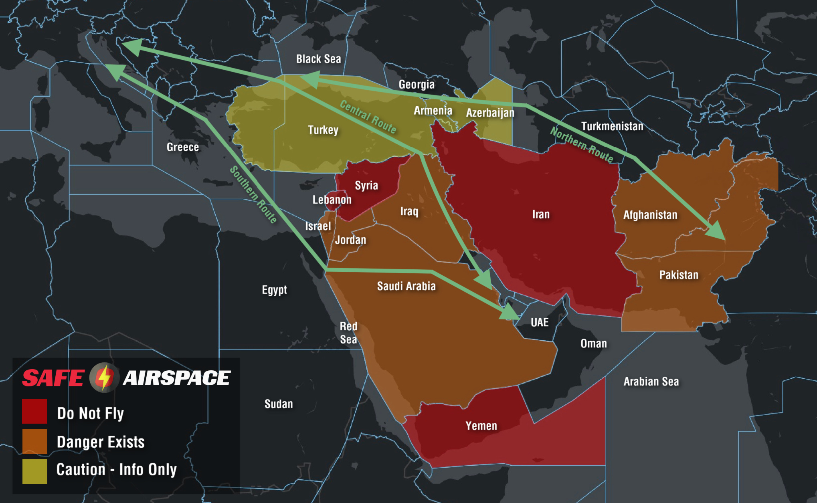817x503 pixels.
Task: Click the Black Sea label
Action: pyautogui.click(x=318, y=59)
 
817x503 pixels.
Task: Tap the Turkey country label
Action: pyautogui.click(x=323, y=130)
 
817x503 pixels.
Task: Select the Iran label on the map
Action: pyautogui.click(x=541, y=214)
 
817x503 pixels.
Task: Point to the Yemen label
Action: pyautogui.click(x=481, y=426)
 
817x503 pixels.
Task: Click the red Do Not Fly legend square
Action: pyautogui.click(x=34, y=411)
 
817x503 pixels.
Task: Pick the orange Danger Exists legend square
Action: pyautogui.click(x=34, y=442)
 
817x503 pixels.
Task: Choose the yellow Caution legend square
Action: pyautogui.click(x=34, y=471)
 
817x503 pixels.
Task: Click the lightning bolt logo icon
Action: pyautogui.click(x=104, y=378)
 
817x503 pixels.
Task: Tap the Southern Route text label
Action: pyautogui.click(x=253, y=194)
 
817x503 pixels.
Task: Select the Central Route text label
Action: pyautogui.click(x=368, y=117)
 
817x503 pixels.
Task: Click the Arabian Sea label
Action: pyautogui.click(x=651, y=382)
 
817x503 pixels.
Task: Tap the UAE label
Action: pyautogui.click(x=539, y=322)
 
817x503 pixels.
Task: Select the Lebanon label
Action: pyautogui.click(x=332, y=200)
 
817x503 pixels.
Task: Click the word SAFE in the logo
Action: pyautogui.click(x=53, y=378)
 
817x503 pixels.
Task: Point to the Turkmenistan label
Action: pyautogui.click(x=612, y=126)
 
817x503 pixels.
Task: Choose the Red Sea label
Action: pyautogui.click(x=348, y=333)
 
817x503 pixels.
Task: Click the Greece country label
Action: pyautogui.click(x=183, y=147)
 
